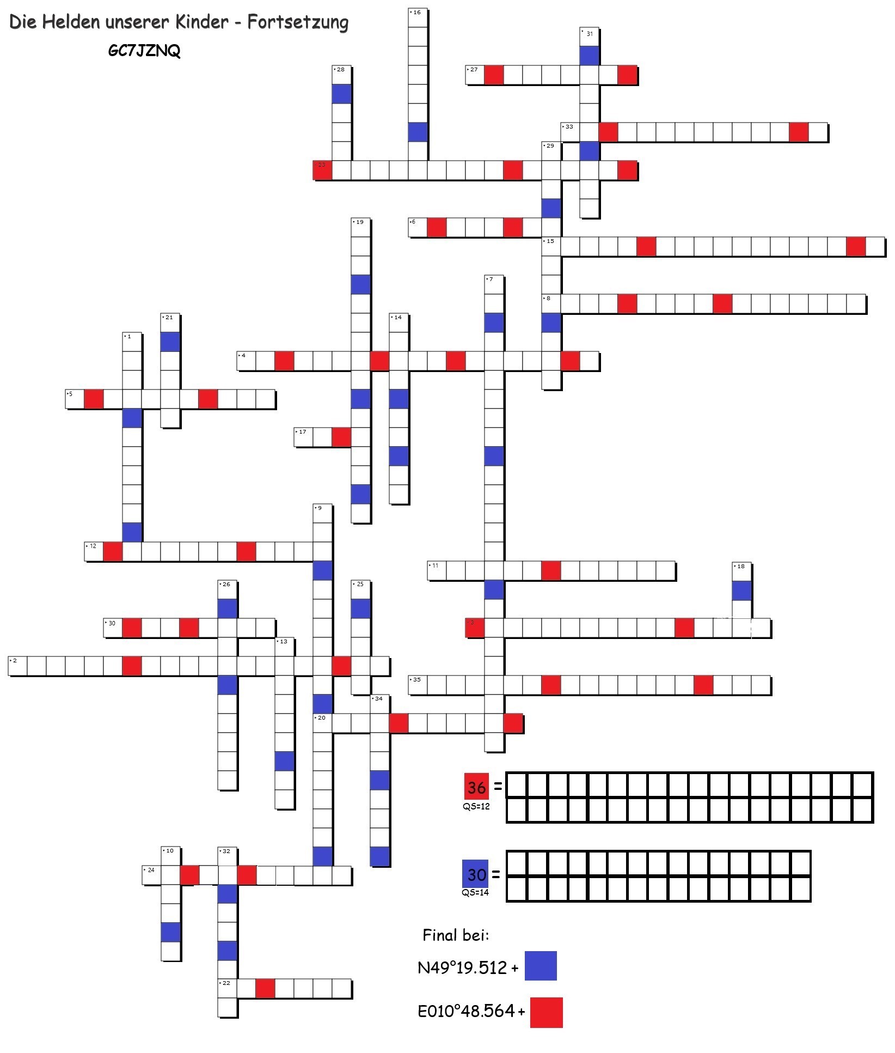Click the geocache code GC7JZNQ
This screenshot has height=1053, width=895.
click(x=144, y=51)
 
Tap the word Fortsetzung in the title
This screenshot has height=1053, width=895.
click(x=297, y=22)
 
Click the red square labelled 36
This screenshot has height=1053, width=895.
click(x=476, y=787)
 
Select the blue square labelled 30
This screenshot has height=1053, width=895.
click(x=475, y=874)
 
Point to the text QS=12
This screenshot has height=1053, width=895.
click(x=476, y=807)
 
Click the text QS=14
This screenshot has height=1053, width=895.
click(x=475, y=893)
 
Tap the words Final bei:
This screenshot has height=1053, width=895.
click(x=456, y=935)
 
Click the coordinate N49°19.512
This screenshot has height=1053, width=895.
click(x=462, y=967)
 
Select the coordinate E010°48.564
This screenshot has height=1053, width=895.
click(x=466, y=1011)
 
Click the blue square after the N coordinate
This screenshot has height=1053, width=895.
click(x=541, y=966)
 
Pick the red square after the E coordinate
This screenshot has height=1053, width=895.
click(x=546, y=1012)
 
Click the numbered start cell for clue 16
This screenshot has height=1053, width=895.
click(x=418, y=18)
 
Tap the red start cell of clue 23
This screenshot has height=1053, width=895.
click(x=322, y=170)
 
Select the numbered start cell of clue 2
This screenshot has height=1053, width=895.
click(x=18, y=666)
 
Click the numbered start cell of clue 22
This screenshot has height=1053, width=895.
click(x=228, y=988)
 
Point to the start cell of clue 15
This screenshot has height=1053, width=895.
click(x=551, y=246)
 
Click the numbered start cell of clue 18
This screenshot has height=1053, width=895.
click(x=741, y=571)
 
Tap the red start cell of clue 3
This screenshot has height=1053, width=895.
click(x=475, y=628)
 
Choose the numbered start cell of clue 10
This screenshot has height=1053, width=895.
click(x=170, y=856)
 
